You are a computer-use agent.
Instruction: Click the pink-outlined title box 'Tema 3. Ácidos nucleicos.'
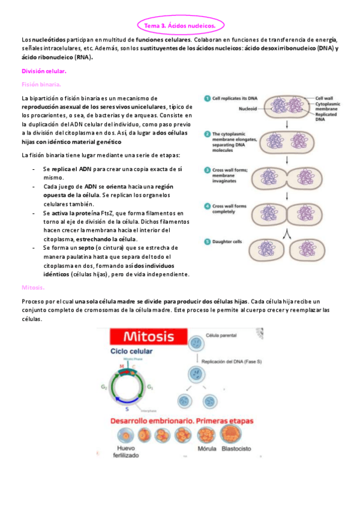[179, 25]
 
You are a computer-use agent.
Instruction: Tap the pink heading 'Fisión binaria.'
[41, 84]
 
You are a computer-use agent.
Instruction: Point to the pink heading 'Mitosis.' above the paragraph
[32, 288]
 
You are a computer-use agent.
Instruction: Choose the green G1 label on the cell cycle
[167, 388]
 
